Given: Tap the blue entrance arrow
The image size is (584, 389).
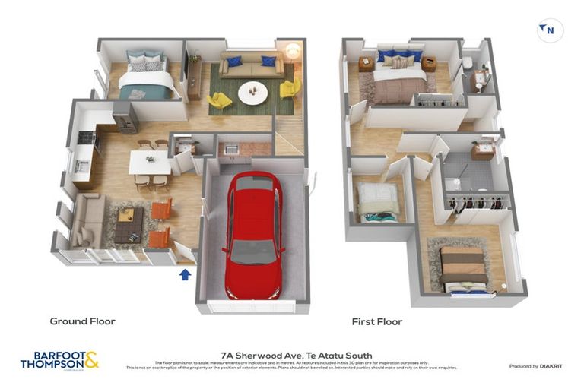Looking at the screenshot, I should click(x=185, y=274).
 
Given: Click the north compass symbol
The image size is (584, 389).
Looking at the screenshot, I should click(x=550, y=30).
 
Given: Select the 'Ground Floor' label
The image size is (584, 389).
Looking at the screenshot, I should click(x=82, y=321).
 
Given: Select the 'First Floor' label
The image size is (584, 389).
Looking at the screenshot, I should click(x=376, y=322).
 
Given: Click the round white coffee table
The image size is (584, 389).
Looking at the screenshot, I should click(x=252, y=93).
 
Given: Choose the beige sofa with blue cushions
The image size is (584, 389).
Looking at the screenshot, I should click(x=252, y=66).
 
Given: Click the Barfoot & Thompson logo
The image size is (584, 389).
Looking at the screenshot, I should click(x=59, y=360).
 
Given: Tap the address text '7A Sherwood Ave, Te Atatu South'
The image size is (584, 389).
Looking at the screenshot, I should click(x=296, y=354).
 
